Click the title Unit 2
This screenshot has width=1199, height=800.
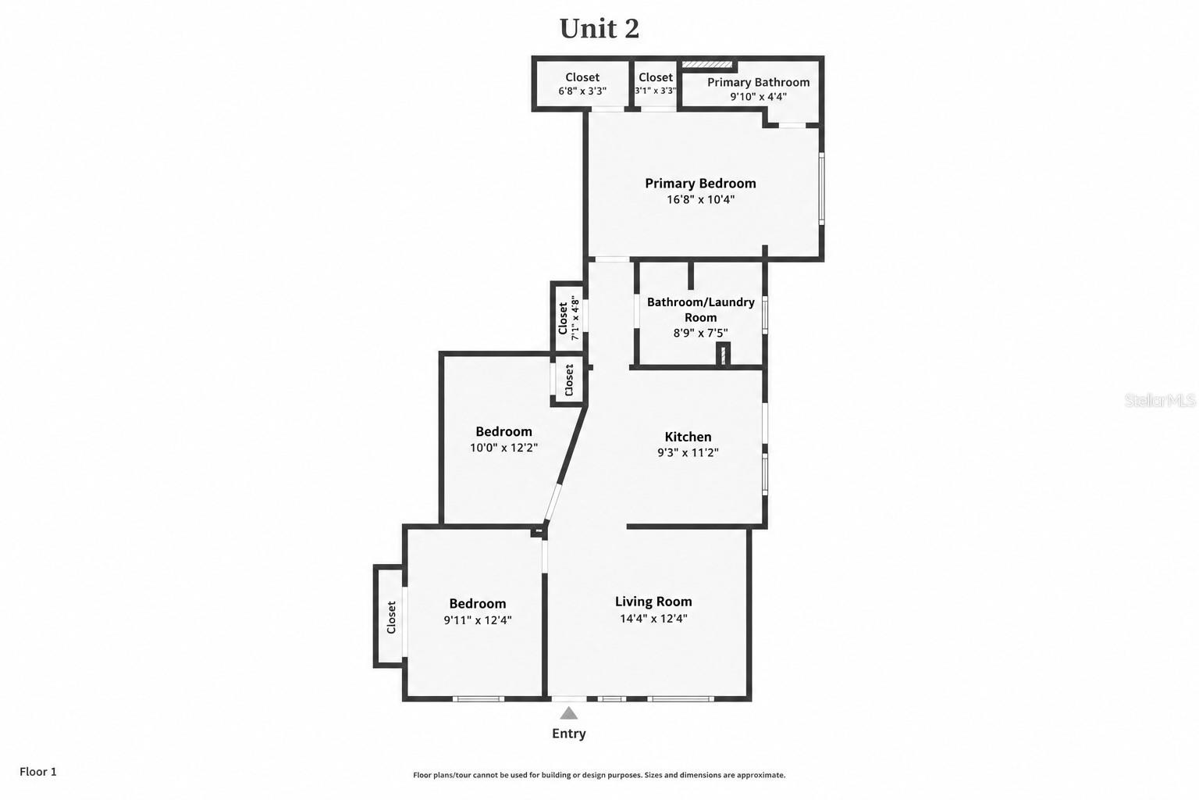599,29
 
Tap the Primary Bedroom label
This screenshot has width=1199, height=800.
700,184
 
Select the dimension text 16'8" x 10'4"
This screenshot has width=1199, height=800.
700,200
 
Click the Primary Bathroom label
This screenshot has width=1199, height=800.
759,82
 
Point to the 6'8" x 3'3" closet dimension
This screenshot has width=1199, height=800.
582,91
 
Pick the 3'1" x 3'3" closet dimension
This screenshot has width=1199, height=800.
656,91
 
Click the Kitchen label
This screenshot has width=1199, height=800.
688,437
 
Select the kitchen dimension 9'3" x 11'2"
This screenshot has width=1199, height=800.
688,452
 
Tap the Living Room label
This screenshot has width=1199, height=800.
653,602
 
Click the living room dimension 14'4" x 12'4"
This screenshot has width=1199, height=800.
653,618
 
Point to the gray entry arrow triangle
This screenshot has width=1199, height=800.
568,713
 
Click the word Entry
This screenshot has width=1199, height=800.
568,734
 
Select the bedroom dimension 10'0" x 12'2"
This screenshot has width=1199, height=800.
503,448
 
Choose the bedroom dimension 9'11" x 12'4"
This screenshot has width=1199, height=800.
478,620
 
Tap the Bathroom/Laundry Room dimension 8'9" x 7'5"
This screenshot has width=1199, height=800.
700,334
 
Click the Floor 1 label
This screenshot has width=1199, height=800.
38,772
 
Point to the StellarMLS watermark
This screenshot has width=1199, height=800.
1159,400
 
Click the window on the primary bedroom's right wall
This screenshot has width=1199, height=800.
822,188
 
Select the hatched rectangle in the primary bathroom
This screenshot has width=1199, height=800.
706,64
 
